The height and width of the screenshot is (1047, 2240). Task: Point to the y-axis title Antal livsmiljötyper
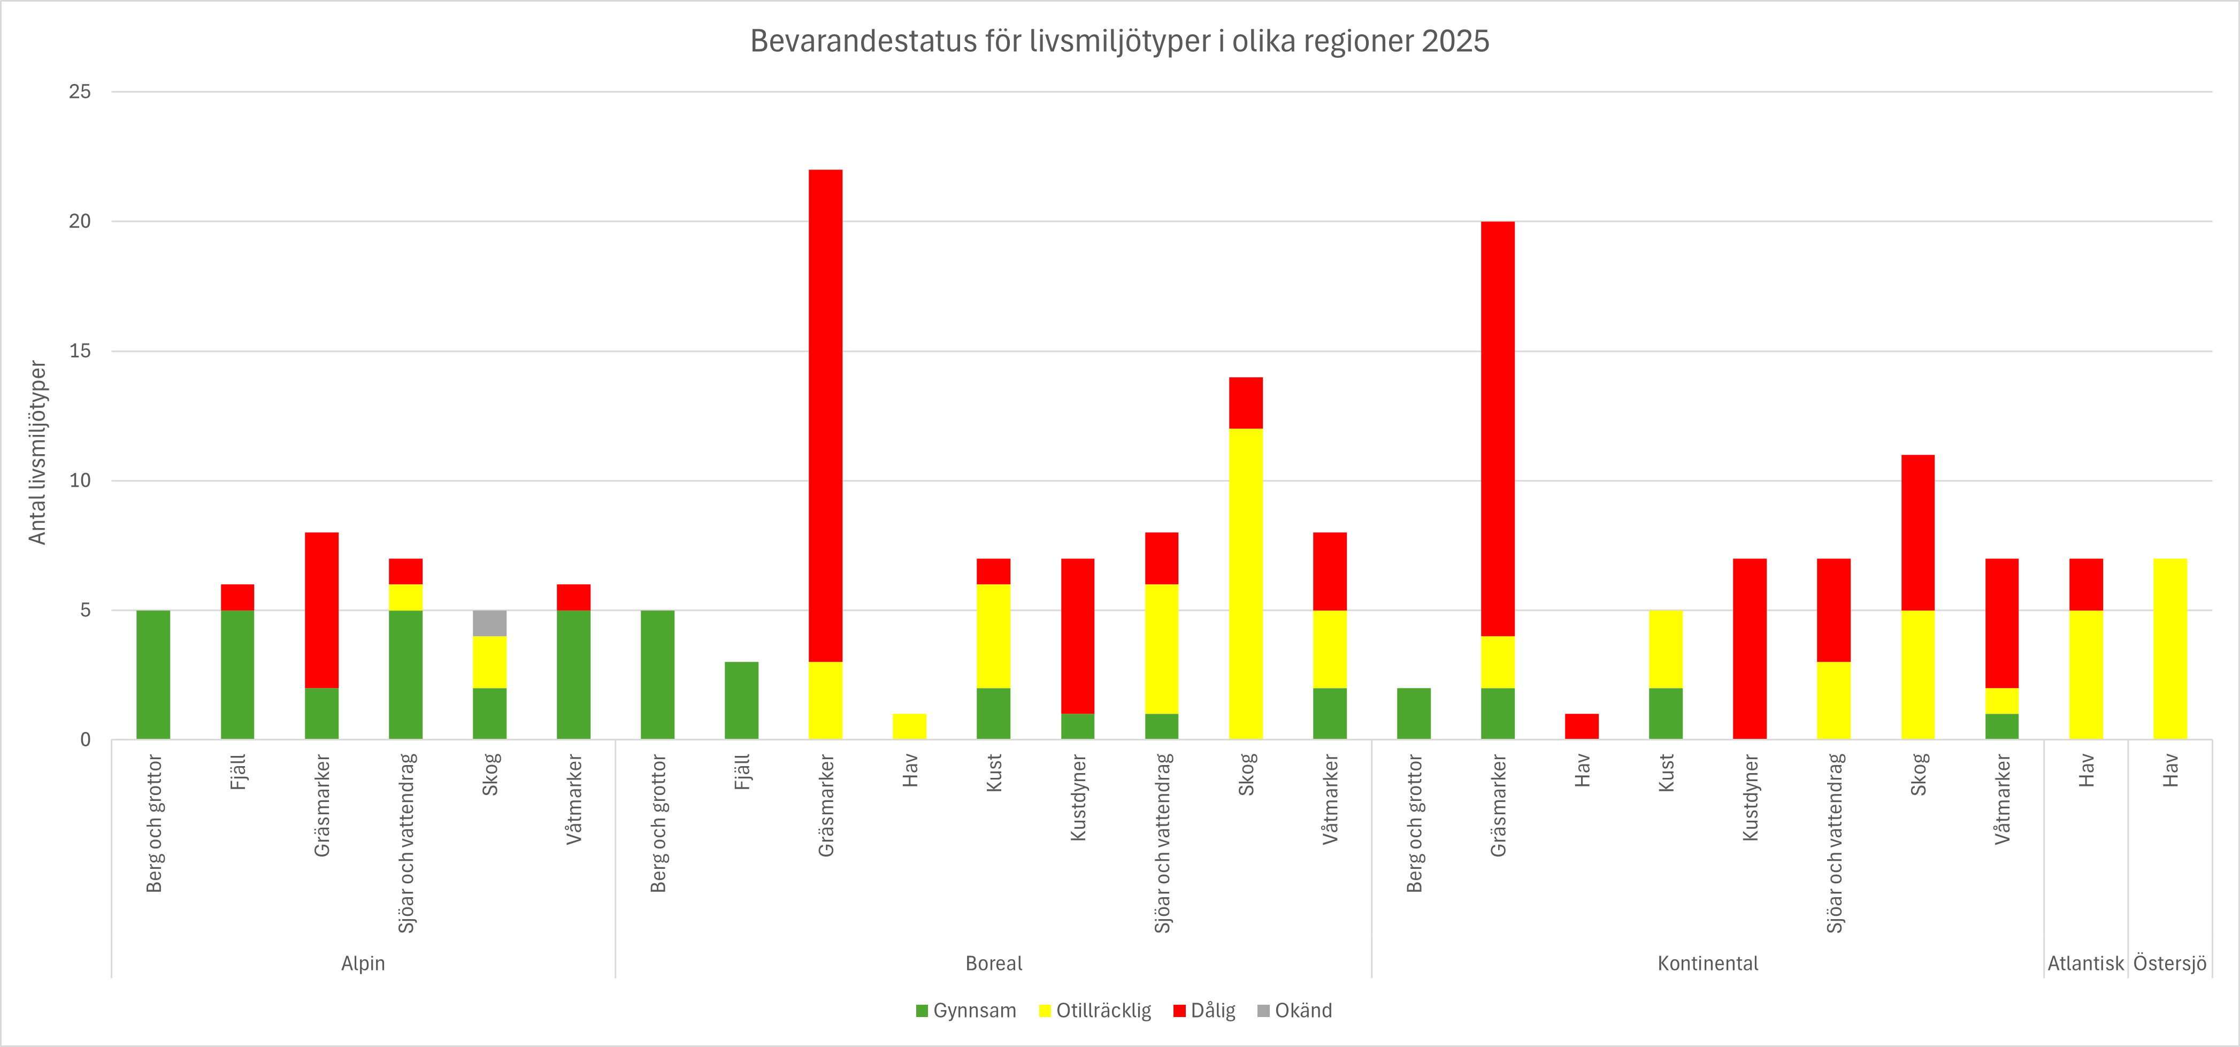(x=37, y=452)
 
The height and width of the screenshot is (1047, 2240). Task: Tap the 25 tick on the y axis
(x=80, y=92)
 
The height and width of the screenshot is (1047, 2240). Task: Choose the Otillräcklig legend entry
(x=1095, y=1011)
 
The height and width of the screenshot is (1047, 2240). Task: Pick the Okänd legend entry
(x=1295, y=1011)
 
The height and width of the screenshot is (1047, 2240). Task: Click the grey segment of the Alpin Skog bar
(x=489, y=623)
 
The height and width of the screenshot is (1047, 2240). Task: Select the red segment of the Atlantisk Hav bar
(x=2085, y=584)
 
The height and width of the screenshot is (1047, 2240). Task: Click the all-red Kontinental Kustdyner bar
(x=1750, y=649)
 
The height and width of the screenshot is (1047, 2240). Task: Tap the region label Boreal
(x=994, y=964)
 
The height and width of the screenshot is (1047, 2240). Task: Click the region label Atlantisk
(x=2085, y=964)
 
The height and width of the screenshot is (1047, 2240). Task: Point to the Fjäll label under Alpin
(x=237, y=772)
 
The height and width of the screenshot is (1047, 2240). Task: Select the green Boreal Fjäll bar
(x=741, y=701)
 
